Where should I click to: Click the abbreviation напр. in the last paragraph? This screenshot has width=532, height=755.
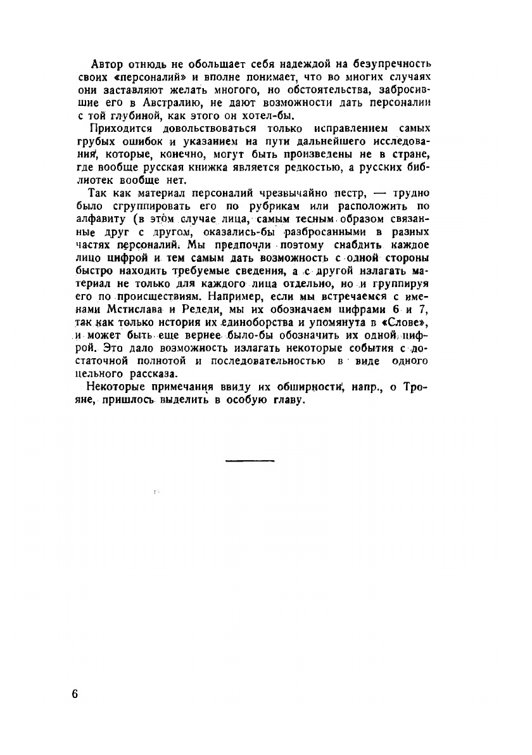[x=363, y=387]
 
